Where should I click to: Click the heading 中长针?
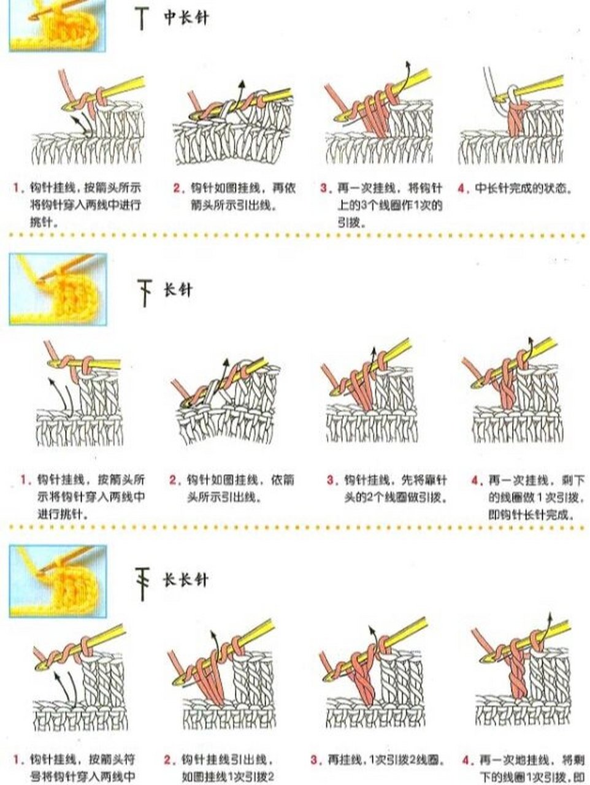(185, 18)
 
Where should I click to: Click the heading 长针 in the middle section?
(177, 289)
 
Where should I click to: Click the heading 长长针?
(185, 580)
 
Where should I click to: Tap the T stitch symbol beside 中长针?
(142, 19)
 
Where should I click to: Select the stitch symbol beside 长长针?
(142, 583)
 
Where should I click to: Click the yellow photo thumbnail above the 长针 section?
(58, 289)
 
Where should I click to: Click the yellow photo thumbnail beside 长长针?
(58, 580)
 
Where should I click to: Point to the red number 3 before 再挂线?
(314, 760)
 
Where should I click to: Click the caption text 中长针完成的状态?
(524, 188)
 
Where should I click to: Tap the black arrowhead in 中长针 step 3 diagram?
(407, 64)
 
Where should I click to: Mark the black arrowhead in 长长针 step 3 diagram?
(372, 629)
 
